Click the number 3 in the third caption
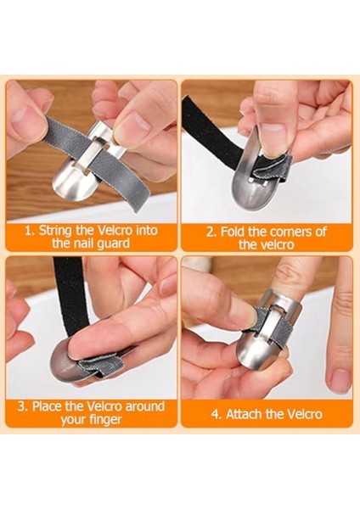click(22, 404)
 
